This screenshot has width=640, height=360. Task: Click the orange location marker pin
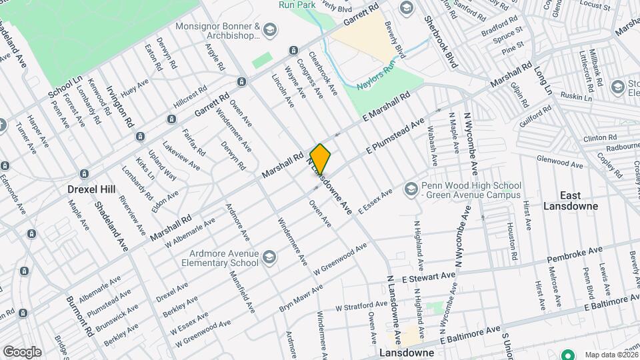coord(320,159)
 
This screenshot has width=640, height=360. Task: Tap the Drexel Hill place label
coord(92,189)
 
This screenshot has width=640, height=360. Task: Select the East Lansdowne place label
coord(579,200)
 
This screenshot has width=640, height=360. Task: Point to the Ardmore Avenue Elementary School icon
coord(268,257)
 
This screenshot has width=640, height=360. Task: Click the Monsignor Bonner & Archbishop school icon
coord(269,29)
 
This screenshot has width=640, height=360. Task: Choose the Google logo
coord(22,351)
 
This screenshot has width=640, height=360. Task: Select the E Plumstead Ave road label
coord(395,138)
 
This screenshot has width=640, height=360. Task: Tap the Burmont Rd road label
coord(77,320)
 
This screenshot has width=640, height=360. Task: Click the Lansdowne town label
coord(406,352)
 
